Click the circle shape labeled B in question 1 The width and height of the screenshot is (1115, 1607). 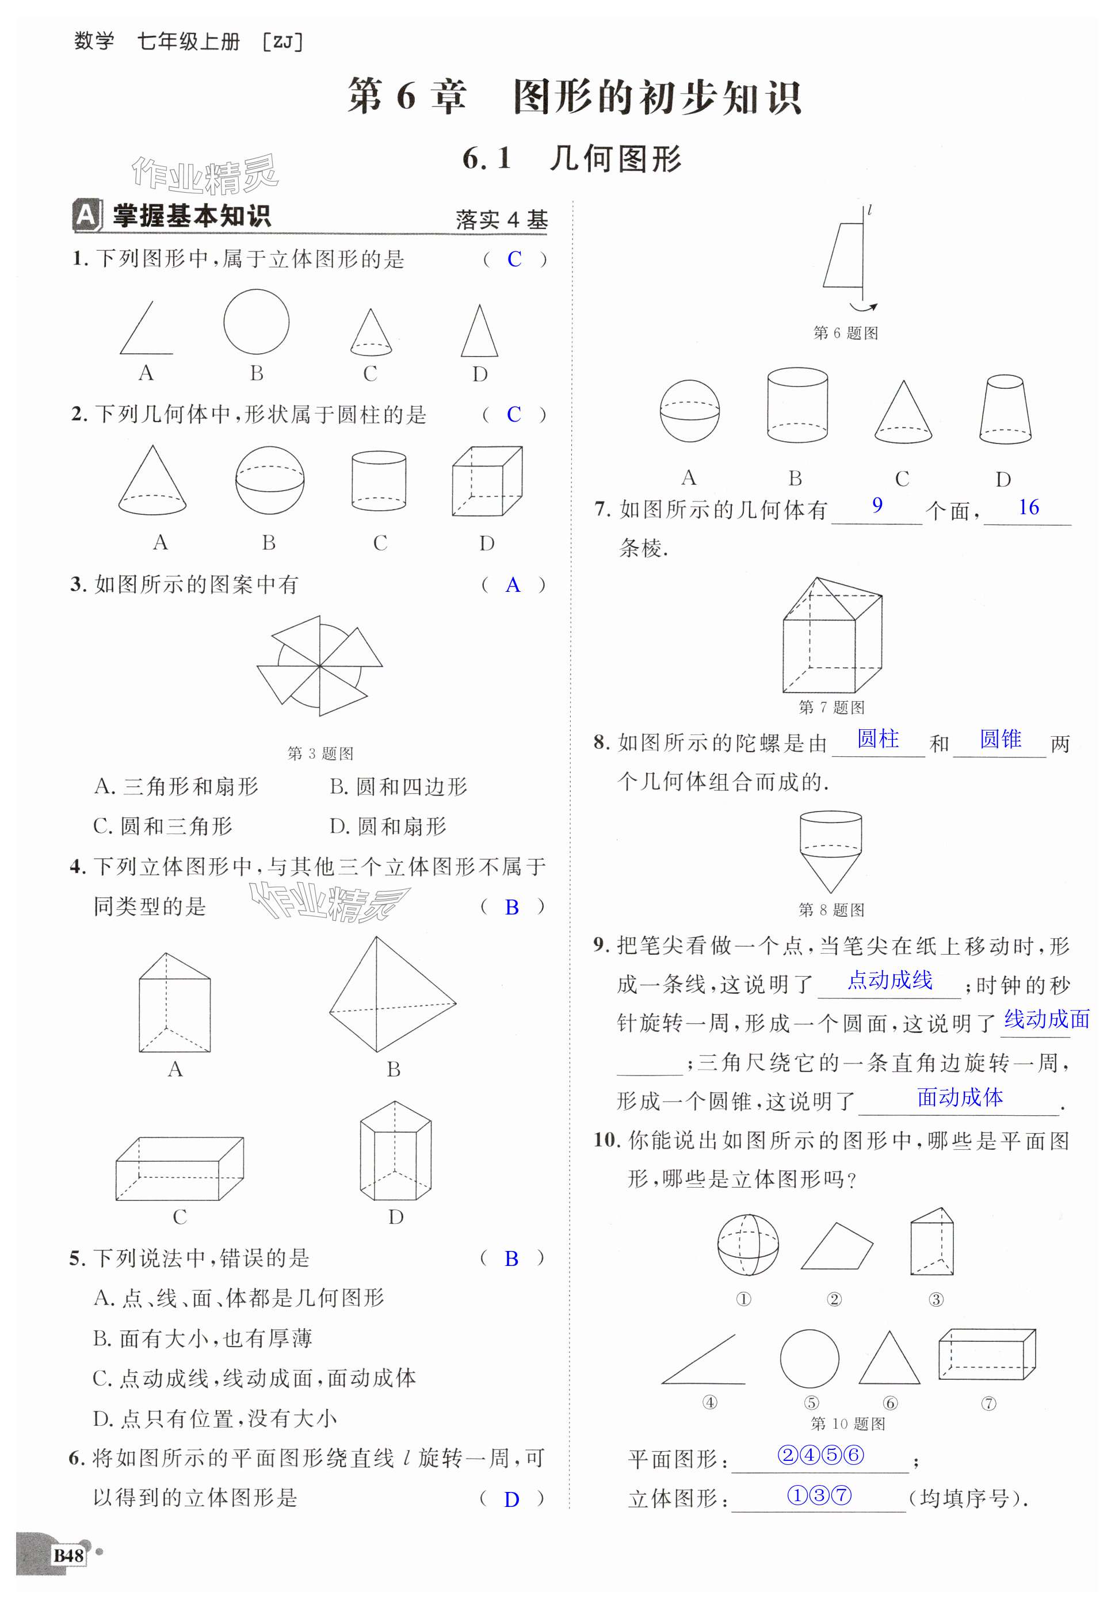(257, 322)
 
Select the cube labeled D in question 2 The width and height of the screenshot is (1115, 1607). (486, 482)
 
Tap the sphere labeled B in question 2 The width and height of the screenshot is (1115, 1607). (270, 480)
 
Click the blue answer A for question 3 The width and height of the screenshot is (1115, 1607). (513, 586)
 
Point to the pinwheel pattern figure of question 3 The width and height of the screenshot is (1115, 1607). (319, 665)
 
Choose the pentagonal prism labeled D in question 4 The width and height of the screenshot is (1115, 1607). (395, 1150)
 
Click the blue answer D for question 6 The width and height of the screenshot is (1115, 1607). (511, 1499)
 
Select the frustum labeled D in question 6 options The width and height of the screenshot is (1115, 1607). (1005, 410)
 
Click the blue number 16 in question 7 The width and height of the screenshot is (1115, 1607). (1028, 508)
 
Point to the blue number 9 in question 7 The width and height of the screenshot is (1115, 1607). (877, 505)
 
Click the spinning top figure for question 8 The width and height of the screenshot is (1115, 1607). (830, 851)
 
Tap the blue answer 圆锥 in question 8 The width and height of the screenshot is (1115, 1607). (1001, 739)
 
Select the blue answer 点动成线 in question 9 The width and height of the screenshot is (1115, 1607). (889, 981)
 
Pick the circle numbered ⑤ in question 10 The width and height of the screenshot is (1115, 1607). (809, 1359)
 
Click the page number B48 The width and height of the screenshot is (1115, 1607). (68, 1555)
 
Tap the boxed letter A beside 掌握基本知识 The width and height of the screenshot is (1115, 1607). (85, 215)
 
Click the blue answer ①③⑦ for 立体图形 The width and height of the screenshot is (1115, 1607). (819, 1495)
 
